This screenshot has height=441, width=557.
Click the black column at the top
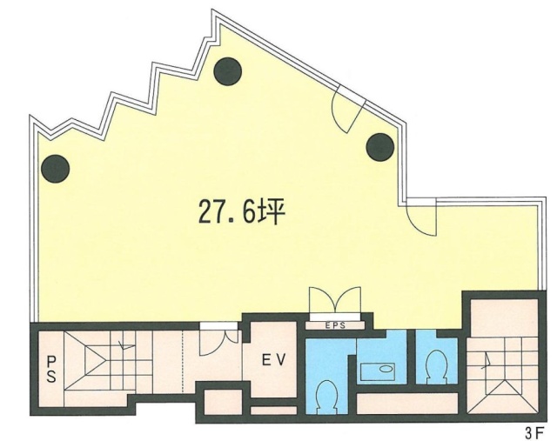[x=228, y=67]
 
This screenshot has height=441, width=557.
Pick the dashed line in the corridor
[x=181, y=357]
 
